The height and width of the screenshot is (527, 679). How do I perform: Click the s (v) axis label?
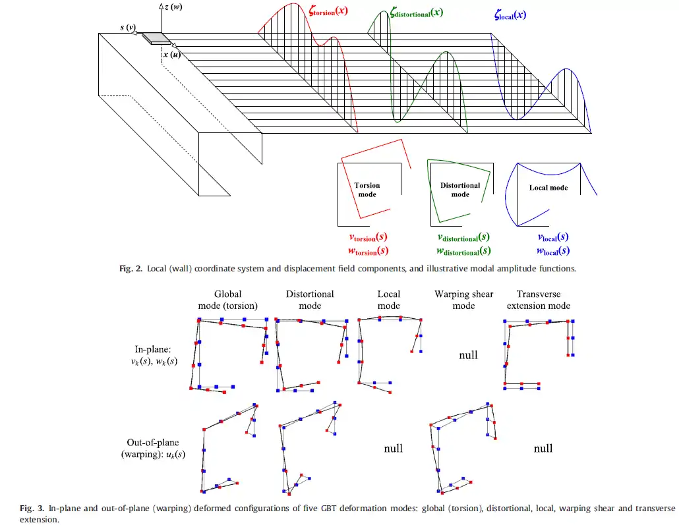click(x=128, y=28)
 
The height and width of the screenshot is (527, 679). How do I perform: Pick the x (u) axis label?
click(x=172, y=55)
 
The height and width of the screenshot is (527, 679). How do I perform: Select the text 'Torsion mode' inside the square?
click(x=367, y=190)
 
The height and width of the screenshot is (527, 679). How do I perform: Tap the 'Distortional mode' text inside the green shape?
click(x=460, y=190)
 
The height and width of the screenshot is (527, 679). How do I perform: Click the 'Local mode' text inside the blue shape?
click(x=548, y=188)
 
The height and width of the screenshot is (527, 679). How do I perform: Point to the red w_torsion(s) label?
click(x=368, y=250)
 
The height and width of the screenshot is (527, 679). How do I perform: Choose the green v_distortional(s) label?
click(x=463, y=237)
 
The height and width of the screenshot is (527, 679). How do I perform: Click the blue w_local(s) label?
click(x=552, y=250)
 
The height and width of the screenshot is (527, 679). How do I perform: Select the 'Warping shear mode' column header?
click(x=463, y=300)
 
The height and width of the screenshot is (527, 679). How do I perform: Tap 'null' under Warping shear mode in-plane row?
click(x=468, y=355)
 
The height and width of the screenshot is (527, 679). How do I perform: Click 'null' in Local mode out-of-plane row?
click(x=393, y=448)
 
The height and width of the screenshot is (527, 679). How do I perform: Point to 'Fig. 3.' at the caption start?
click(x=31, y=508)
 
